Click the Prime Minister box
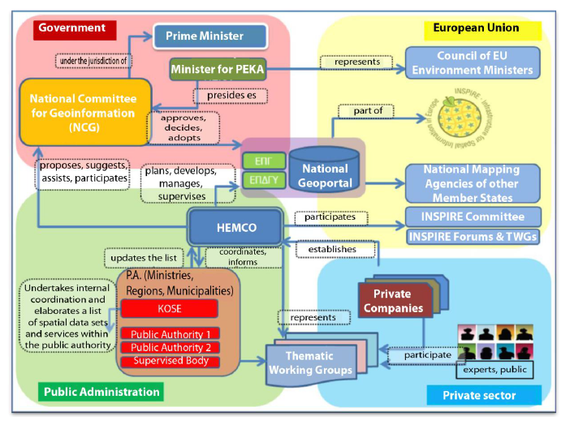[204, 36]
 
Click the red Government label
[73, 28]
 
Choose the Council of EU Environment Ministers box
[473, 62]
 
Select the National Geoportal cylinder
[324, 169]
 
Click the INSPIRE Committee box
[472, 217]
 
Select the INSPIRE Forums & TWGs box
[473, 237]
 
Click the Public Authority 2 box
[170, 347]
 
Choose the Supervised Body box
[170, 361]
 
